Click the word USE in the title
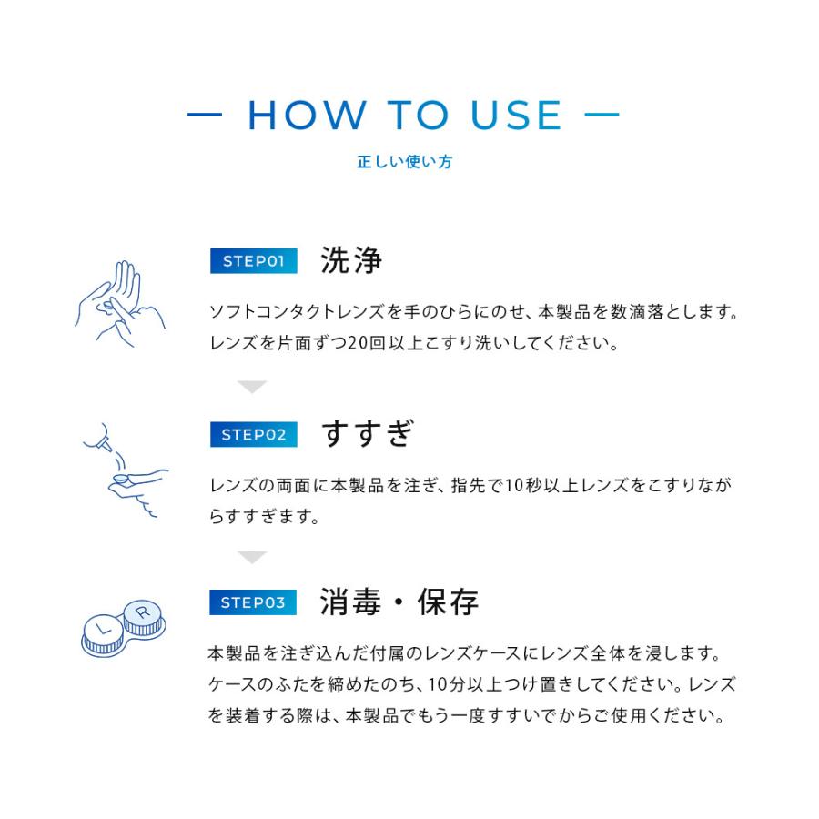click(x=516, y=116)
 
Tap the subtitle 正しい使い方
click(x=404, y=163)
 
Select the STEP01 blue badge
click(x=254, y=262)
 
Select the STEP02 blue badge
click(x=254, y=435)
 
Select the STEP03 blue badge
click(x=254, y=602)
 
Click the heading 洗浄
click(x=351, y=261)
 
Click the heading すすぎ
click(x=368, y=434)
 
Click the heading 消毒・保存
click(x=399, y=602)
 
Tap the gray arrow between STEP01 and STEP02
click(x=252, y=388)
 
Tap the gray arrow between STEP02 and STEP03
click(x=252, y=557)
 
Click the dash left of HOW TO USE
click(x=206, y=116)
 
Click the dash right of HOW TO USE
click(x=602, y=116)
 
